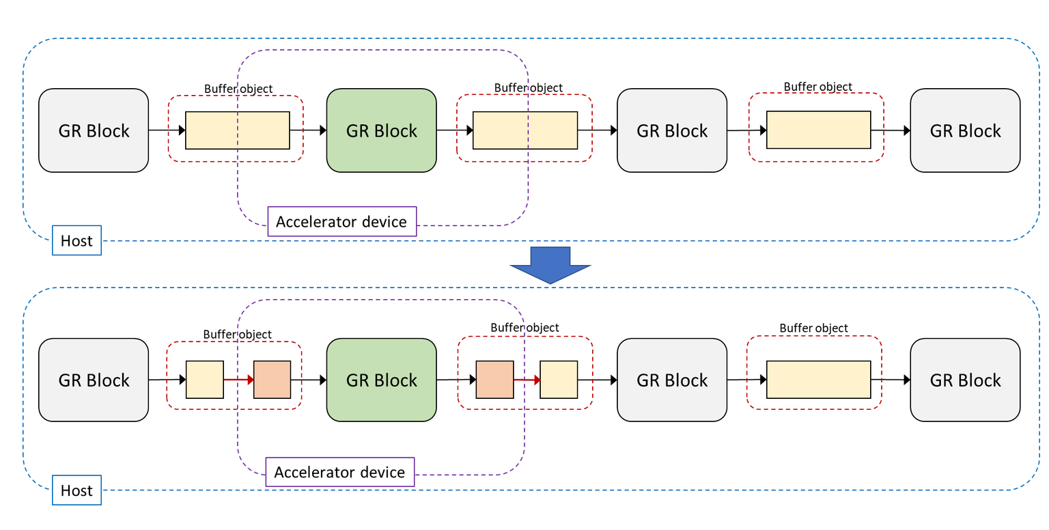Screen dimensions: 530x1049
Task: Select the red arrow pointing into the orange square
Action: click(238, 380)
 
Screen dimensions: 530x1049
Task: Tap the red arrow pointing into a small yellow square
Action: click(527, 380)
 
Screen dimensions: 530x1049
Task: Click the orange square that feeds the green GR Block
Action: click(272, 380)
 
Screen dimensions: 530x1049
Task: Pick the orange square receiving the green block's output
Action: click(494, 380)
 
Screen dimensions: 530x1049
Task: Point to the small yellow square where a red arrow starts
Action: click(205, 380)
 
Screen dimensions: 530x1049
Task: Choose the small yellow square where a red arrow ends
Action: click(559, 380)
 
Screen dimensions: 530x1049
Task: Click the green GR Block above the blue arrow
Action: click(381, 130)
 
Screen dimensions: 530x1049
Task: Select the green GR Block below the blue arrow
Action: click(381, 380)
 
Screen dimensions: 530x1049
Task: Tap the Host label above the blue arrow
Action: click(76, 240)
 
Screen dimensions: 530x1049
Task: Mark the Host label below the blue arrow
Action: click(76, 490)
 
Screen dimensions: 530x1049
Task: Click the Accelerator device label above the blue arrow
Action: click(341, 221)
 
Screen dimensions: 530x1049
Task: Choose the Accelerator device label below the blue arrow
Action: click(339, 472)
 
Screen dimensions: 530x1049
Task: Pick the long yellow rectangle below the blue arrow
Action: click(818, 380)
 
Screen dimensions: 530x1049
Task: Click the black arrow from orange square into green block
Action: click(309, 380)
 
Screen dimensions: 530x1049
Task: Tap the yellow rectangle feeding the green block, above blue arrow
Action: click(237, 130)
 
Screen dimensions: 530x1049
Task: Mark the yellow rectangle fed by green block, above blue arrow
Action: click(525, 130)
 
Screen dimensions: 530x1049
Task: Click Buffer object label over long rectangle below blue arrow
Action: click(813, 329)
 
